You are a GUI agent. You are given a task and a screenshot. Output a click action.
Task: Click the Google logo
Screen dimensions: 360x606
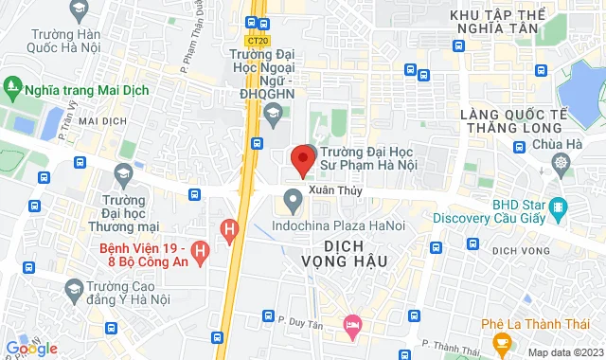(x=32, y=348)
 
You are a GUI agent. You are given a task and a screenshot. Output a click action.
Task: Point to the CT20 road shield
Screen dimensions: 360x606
(x=255, y=41)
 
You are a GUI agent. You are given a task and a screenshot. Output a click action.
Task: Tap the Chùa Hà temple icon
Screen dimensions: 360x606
(x=561, y=162)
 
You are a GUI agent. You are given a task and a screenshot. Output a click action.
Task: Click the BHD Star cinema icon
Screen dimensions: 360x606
(x=558, y=206)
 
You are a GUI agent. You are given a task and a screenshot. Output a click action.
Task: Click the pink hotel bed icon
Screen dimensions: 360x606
(x=352, y=325)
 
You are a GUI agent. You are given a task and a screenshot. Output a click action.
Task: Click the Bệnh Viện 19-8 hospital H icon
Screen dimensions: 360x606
(x=200, y=251)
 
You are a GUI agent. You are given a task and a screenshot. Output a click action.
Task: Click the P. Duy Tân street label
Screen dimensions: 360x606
(x=305, y=316)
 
